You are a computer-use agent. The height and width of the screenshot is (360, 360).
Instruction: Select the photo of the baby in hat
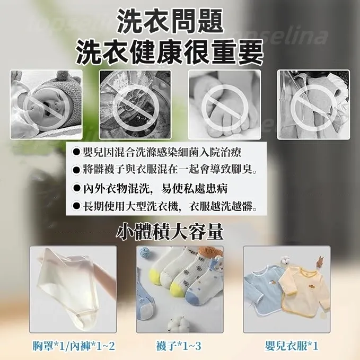pos(46,104)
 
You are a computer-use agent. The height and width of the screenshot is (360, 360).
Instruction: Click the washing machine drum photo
pos(135,104)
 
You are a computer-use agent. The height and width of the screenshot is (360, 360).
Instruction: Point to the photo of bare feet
pos(224,104)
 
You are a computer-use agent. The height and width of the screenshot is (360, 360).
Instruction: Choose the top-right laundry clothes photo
pos(313,104)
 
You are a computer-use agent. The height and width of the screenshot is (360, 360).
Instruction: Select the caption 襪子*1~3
pos(179,347)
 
